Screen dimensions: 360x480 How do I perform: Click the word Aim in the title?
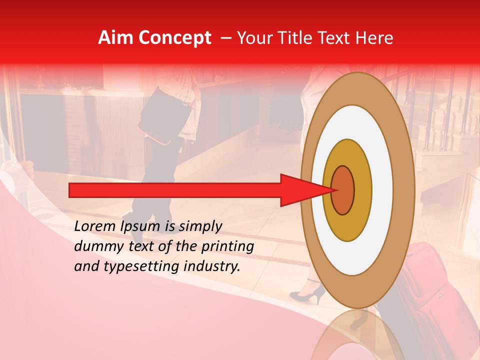point(115,38)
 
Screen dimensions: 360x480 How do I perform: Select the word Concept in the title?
point(174,38)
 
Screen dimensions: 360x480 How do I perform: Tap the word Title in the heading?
point(294,38)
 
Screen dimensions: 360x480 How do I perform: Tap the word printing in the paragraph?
point(227,247)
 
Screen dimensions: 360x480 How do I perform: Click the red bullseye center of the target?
point(343,189)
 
